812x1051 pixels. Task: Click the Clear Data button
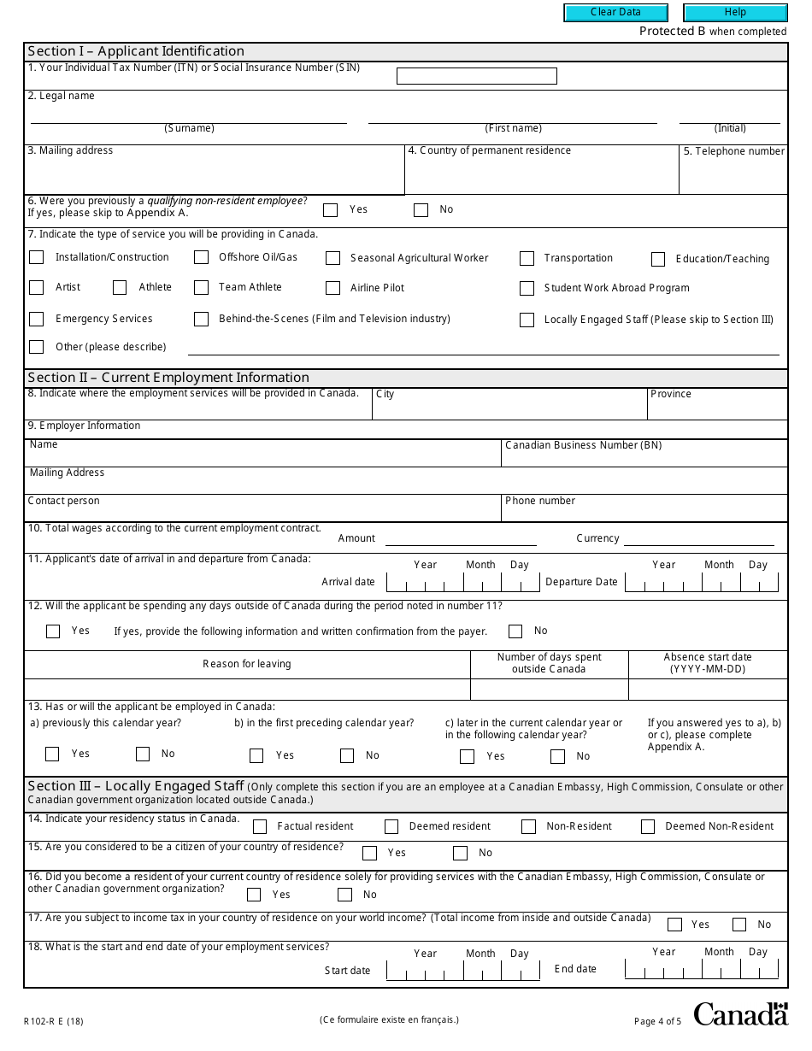(x=615, y=13)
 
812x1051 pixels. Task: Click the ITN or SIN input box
(x=476, y=76)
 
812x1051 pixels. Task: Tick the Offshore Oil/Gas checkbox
(x=201, y=257)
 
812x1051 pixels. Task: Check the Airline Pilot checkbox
(x=332, y=288)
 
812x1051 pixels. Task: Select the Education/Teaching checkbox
(x=657, y=259)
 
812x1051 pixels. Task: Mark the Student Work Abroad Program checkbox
(x=527, y=288)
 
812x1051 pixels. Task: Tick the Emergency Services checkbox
(x=36, y=319)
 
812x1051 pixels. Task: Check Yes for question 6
(x=331, y=209)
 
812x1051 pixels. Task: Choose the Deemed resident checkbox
(x=391, y=826)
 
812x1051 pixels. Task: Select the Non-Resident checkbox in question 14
(x=529, y=826)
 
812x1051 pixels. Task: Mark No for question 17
(x=739, y=925)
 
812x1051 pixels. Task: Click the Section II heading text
(x=168, y=378)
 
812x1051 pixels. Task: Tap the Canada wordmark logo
(x=740, y=1013)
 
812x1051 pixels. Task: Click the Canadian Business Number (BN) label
(x=583, y=445)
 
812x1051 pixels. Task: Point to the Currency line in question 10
(x=698, y=539)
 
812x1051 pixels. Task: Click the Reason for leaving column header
(x=247, y=664)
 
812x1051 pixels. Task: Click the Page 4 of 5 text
(x=657, y=1021)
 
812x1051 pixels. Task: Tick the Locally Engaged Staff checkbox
(x=527, y=320)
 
